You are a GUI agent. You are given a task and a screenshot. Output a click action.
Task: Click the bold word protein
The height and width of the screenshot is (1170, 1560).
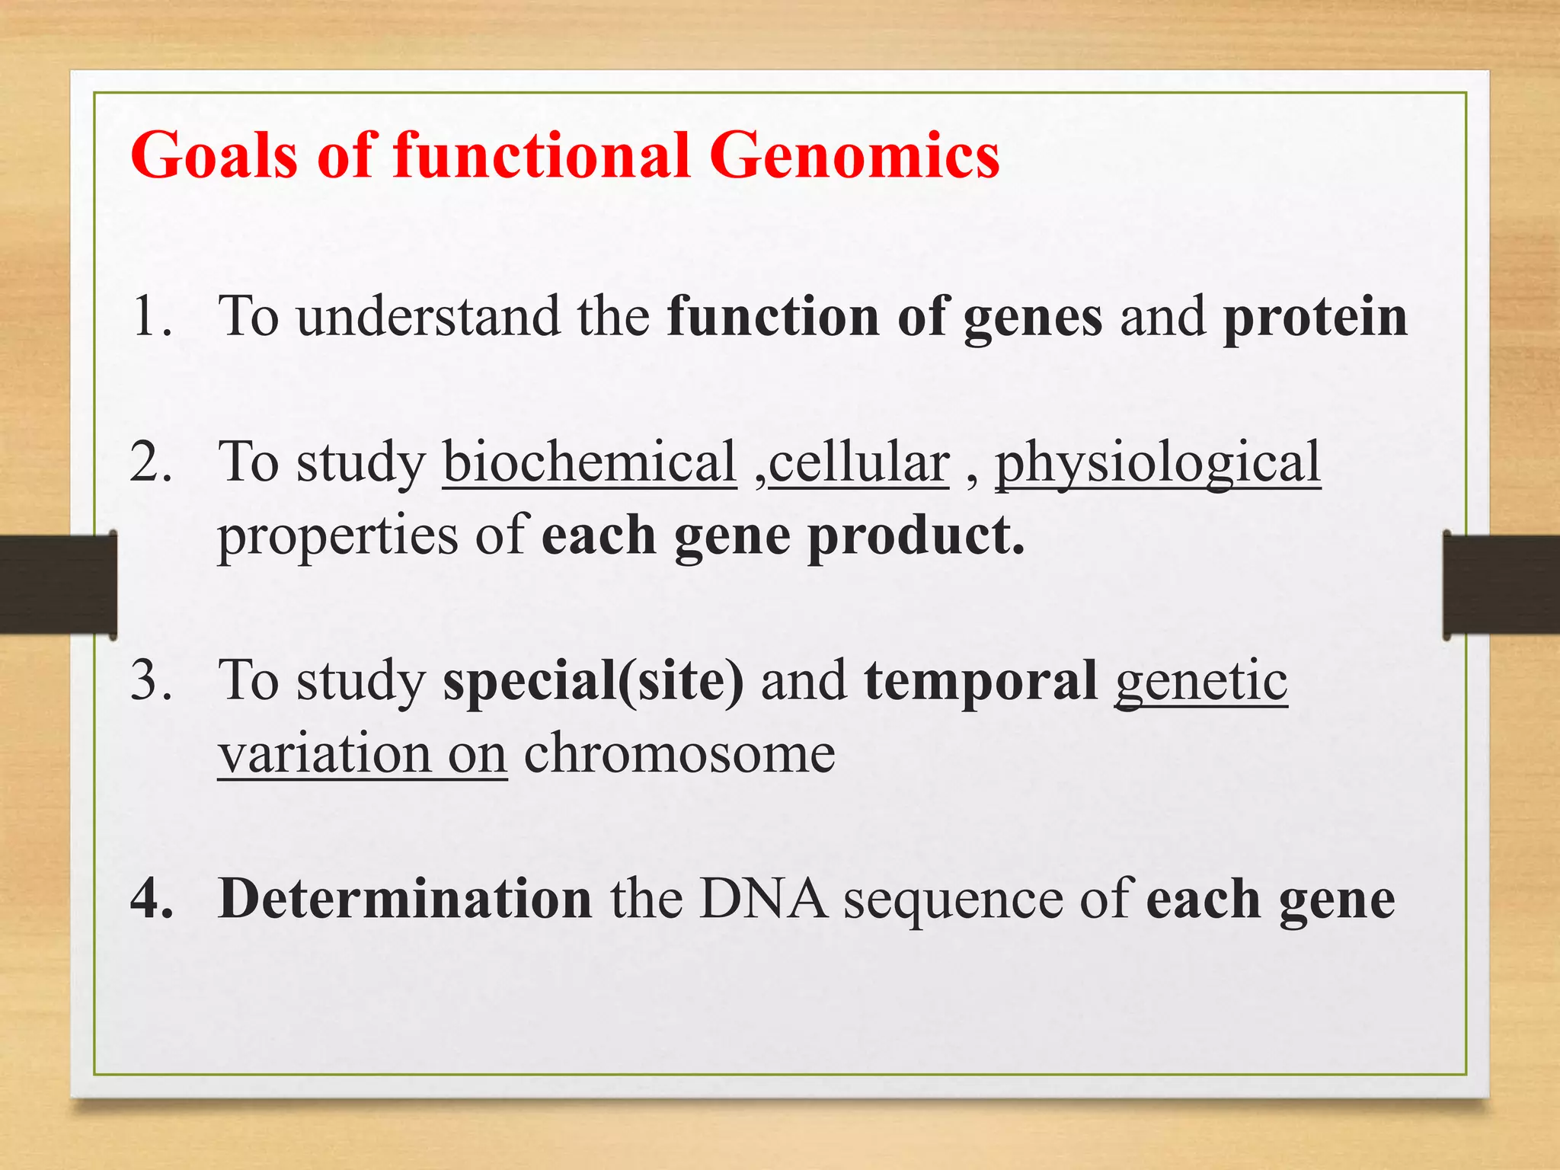tap(1315, 318)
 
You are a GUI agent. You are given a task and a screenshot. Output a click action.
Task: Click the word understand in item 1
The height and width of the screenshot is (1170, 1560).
tap(428, 316)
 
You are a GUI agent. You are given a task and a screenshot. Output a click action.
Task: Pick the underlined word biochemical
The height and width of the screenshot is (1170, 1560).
tap(590, 462)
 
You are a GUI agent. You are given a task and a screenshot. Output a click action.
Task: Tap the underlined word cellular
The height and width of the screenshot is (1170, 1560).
tap(858, 462)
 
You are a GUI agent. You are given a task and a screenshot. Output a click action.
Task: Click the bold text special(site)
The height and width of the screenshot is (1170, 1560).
tap(593, 682)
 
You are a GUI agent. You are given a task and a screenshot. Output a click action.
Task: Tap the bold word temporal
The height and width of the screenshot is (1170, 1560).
tap(980, 682)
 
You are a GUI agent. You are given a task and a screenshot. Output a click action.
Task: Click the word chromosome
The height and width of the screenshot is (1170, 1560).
tap(679, 754)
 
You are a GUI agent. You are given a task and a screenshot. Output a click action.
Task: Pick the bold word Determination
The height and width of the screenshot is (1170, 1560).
tap(404, 900)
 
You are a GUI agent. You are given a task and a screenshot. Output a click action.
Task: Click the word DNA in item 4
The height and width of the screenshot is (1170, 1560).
tap(763, 900)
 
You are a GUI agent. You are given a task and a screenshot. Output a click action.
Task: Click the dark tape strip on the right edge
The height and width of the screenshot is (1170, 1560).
tap(1501, 585)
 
